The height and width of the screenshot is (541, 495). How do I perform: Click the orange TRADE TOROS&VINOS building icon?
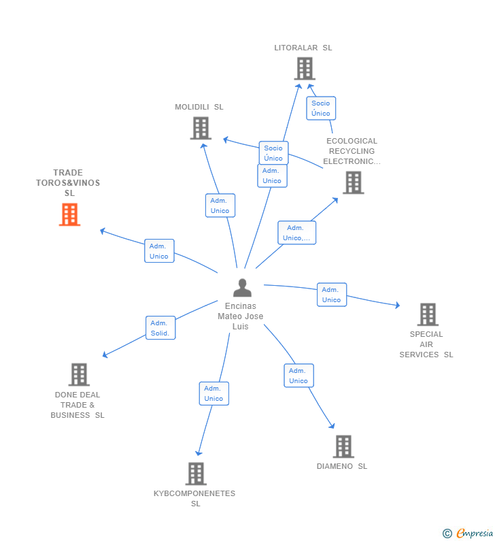(x=69, y=214)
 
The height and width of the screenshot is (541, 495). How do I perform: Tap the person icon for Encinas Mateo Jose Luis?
(x=242, y=288)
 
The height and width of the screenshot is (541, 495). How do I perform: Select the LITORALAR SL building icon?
(x=305, y=68)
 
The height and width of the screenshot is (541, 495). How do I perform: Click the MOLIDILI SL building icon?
(x=201, y=128)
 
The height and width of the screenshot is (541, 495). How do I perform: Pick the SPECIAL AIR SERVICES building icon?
(x=428, y=314)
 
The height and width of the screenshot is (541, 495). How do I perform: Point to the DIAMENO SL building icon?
(x=343, y=446)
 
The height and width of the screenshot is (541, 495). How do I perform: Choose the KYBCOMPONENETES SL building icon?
(x=196, y=474)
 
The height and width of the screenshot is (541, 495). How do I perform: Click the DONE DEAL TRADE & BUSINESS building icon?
(x=79, y=374)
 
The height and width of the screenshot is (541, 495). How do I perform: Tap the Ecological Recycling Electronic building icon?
(x=354, y=182)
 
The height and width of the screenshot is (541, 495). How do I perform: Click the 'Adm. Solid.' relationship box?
(x=160, y=328)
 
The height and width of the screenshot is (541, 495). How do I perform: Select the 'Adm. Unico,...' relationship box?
(x=296, y=233)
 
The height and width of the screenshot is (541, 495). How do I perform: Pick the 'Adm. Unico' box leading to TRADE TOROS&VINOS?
(x=159, y=251)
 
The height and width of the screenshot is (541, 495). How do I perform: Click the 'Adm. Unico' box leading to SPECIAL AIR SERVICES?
(x=332, y=295)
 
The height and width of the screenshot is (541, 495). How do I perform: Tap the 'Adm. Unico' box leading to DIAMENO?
(x=299, y=376)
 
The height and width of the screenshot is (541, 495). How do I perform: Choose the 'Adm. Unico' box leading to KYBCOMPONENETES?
(x=214, y=393)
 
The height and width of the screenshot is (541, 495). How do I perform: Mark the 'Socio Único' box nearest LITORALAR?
(x=321, y=108)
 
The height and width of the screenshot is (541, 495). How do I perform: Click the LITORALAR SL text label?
(x=303, y=48)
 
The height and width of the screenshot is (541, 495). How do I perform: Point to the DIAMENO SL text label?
(x=342, y=466)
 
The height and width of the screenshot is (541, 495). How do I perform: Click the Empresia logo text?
(x=475, y=533)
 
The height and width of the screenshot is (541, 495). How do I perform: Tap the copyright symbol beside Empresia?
(x=447, y=534)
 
